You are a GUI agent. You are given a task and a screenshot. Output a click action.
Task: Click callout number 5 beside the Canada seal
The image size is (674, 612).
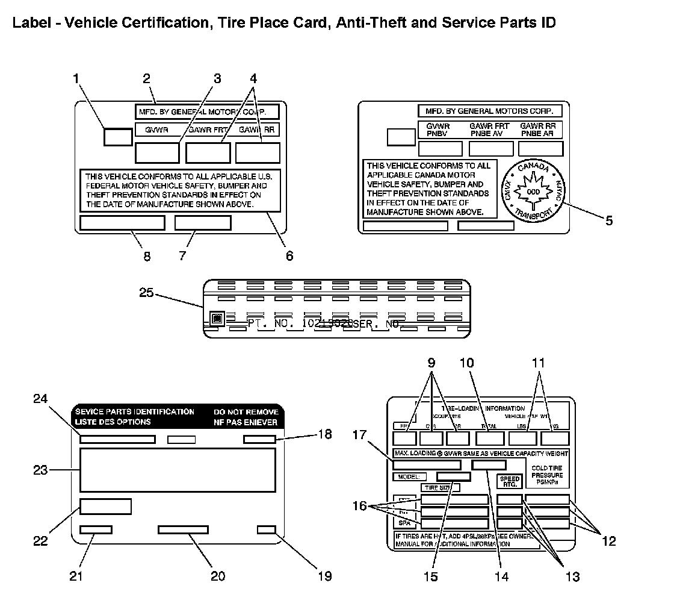pos(608,220)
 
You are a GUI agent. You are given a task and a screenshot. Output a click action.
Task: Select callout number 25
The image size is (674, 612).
pos(147,293)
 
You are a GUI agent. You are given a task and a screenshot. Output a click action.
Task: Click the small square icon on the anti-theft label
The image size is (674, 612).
pos(217,318)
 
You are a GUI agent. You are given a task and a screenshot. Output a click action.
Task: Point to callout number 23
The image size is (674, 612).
pos(40,470)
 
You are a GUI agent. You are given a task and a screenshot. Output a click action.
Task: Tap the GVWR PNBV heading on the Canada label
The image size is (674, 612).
pos(437,130)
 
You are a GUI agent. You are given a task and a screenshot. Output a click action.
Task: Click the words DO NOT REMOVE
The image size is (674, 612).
pos(246,412)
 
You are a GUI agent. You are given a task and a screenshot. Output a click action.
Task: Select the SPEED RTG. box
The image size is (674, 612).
pos(509,482)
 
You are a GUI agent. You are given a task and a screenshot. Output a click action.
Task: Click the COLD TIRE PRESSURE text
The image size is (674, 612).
pos(547,475)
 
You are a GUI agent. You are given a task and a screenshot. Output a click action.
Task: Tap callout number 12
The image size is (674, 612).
pos(608,541)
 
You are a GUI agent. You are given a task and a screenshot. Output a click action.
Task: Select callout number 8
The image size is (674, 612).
pos(147,256)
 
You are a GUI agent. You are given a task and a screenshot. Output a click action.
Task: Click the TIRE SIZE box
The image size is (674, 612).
pos(440,487)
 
